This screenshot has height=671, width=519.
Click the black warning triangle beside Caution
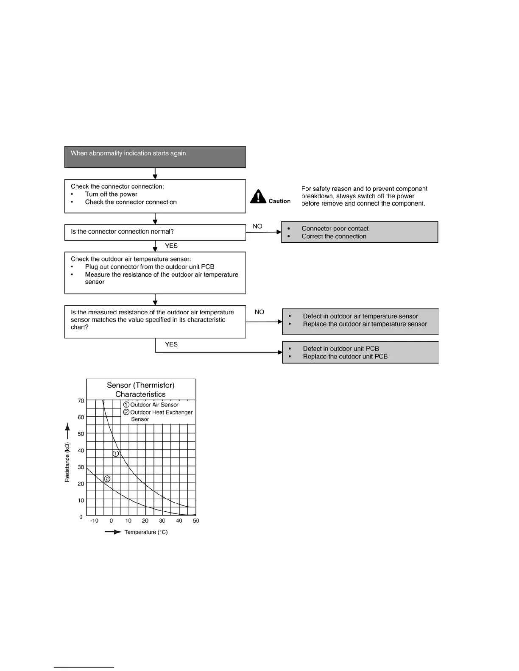click(258, 197)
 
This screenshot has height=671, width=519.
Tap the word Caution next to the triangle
click(279, 201)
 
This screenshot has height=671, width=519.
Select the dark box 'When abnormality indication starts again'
click(155, 157)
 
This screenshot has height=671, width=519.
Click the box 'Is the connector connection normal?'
click(155, 232)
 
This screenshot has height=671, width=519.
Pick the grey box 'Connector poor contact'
click(360, 232)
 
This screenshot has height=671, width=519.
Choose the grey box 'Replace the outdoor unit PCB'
click(360, 352)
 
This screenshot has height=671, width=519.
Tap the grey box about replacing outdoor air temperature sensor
click(360, 322)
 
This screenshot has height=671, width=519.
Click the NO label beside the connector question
click(257, 226)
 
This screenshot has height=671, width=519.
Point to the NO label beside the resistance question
click(259, 312)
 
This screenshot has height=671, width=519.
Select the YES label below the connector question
click(171, 246)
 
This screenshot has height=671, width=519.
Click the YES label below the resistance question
click(171, 344)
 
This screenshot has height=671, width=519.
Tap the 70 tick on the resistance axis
click(81, 401)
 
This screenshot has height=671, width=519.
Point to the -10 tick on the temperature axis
click(94, 521)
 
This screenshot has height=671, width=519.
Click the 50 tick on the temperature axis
click(196, 521)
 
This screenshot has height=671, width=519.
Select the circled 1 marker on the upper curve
click(116, 454)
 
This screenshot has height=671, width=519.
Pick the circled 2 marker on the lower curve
click(107, 479)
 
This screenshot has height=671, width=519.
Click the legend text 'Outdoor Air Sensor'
click(154, 405)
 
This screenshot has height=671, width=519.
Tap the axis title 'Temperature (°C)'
click(146, 532)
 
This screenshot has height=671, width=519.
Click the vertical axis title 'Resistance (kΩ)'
click(67, 462)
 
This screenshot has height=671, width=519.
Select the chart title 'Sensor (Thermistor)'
click(141, 385)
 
